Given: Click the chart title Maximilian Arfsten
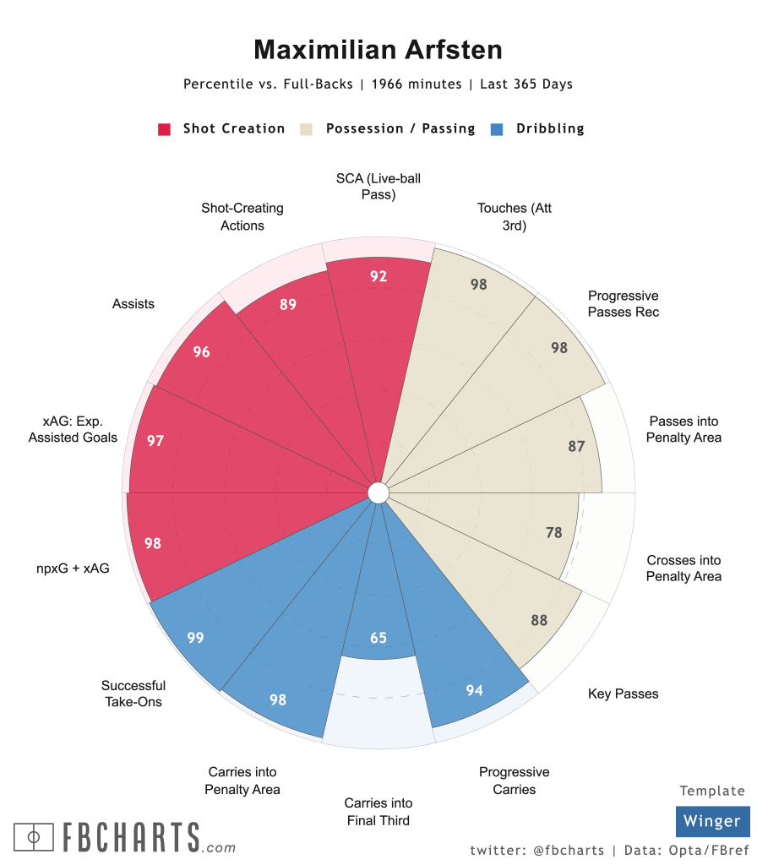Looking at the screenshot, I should pos(378,50).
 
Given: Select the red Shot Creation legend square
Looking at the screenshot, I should pos(165,129).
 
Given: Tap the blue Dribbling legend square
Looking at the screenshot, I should pos(498,129).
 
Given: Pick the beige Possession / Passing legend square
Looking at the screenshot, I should pos(307,129).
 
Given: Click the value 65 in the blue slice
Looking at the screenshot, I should pos(378,638).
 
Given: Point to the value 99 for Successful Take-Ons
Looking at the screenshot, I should pos(195,638).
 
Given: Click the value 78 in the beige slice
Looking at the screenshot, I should pos(554,532).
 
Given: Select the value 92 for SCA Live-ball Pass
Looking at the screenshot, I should pos(378,275).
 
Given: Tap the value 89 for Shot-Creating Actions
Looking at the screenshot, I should pos(288,304).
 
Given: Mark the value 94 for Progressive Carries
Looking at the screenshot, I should pos(475,691).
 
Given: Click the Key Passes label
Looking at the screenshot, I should pos(623,694).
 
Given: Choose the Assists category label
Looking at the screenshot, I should pos(133,304).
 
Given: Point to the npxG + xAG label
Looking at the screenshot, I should pos(74,569).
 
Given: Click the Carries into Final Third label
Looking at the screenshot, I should pos(378,812).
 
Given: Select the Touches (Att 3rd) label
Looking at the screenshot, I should pos(515,216).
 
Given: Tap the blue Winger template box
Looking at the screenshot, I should pos(712,821).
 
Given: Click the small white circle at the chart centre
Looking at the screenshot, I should pos(378,492).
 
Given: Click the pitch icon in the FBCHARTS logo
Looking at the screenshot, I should pos(35,837).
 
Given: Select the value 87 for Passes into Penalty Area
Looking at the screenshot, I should pos(576,446).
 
